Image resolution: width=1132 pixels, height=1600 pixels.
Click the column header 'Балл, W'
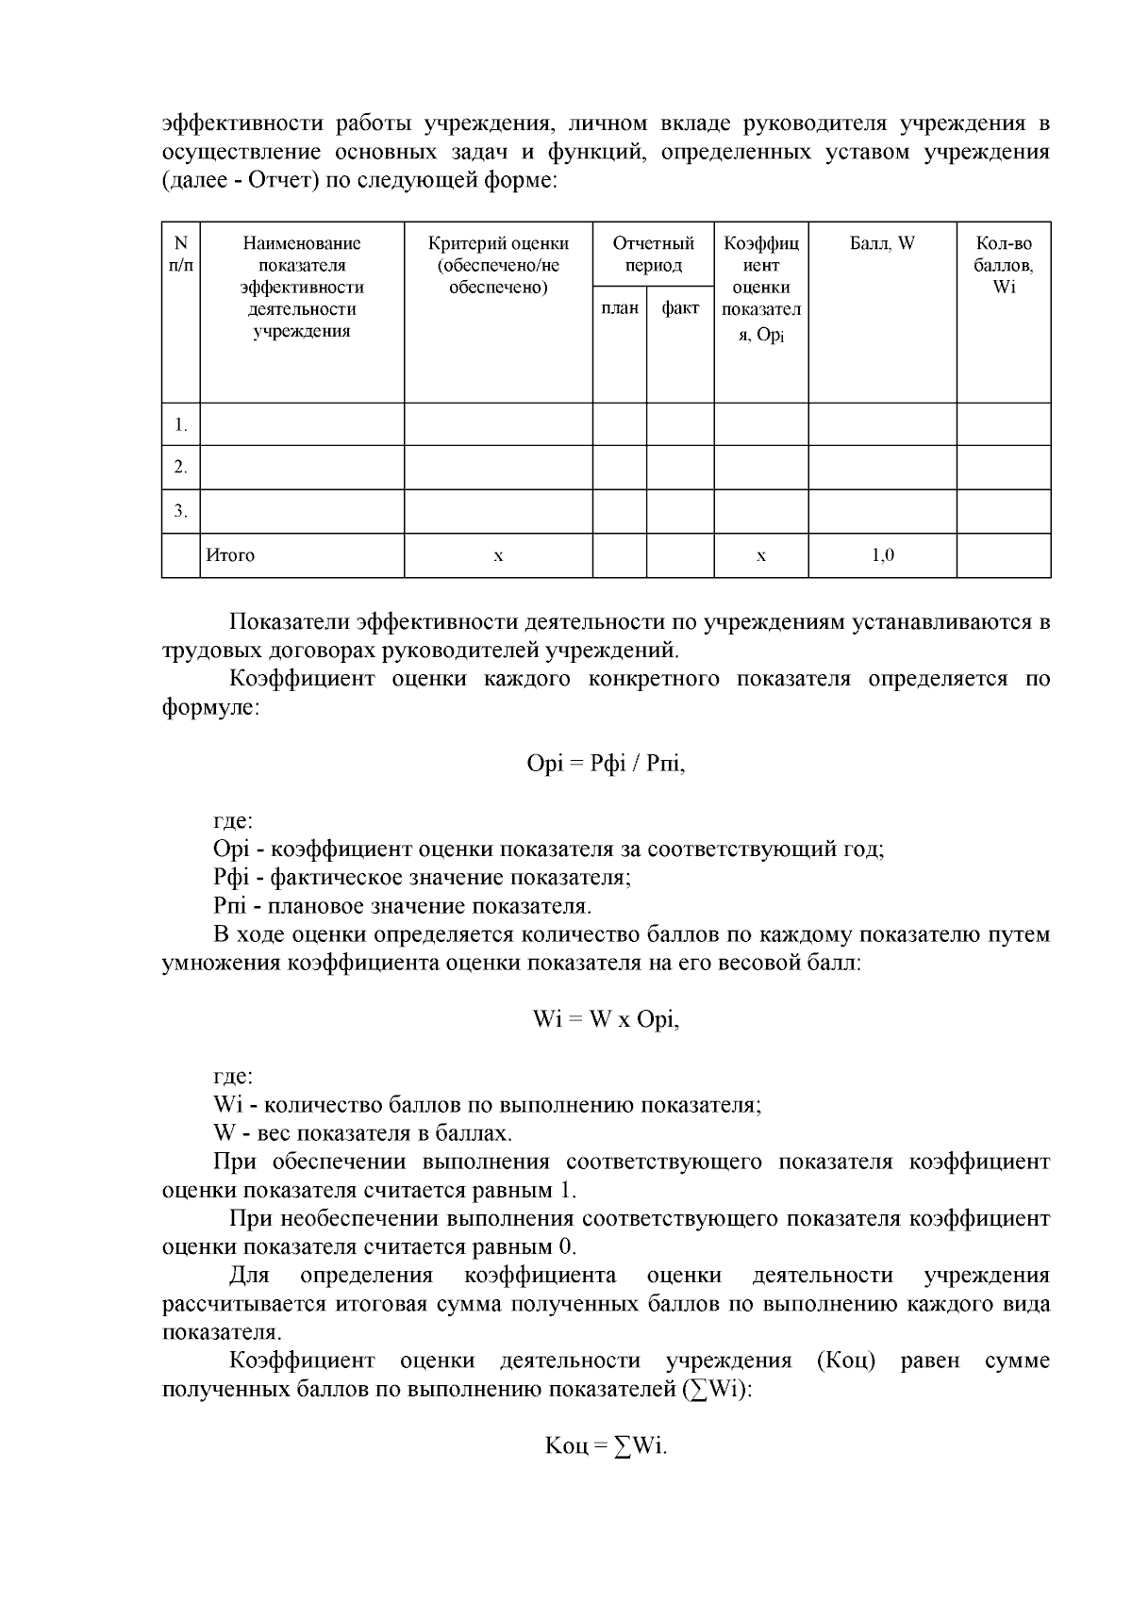pos(882,243)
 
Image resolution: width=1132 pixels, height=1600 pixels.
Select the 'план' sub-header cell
pos(620,308)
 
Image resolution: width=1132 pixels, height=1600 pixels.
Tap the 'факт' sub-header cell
pos(680,308)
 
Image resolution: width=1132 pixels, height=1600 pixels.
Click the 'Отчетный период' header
pos(653,255)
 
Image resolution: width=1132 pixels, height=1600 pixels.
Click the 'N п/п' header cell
pos(181,255)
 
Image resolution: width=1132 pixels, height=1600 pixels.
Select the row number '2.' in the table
pos(181,468)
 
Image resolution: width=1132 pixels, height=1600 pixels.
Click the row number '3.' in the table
pos(181,511)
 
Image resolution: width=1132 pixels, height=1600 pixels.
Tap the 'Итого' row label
pos(231,555)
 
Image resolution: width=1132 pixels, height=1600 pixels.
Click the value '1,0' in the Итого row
pos(882,555)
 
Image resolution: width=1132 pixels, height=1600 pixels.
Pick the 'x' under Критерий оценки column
pos(498,556)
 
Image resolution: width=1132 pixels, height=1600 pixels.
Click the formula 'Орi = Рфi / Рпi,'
pos(606,764)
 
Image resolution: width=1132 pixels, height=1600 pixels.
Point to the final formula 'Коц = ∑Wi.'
pos(606,1445)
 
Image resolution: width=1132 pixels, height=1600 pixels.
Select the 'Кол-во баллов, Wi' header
pos(1004,265)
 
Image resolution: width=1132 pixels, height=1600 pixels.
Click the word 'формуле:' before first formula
pos(209,707)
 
